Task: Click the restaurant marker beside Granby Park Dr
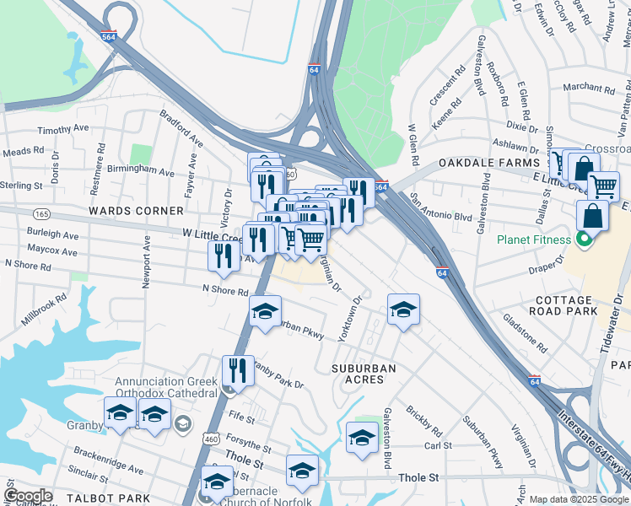[238, 369]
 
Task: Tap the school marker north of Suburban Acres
[403, 308]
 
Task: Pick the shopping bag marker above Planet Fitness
[592, 215]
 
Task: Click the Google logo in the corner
[29, 496]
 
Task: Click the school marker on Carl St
[361, 437]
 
